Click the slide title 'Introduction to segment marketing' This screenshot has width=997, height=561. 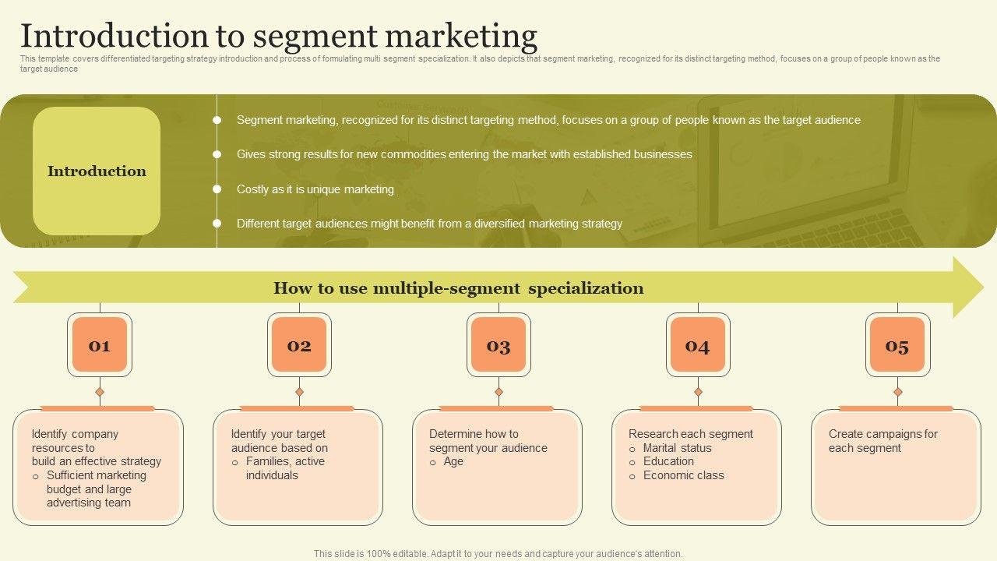coord(278,36)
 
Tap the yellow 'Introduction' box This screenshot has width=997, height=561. coord(97,171)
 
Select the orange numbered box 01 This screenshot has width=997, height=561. coord(100,345)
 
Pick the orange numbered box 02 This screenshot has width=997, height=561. coord(299,345)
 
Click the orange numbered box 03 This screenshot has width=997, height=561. coord(498,345)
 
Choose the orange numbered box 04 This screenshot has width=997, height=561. coord(698,345)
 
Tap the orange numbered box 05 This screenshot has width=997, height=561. coord(897,345)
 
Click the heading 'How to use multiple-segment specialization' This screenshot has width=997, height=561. coord(458,288)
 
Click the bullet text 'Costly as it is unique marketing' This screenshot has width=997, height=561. coord(315,189)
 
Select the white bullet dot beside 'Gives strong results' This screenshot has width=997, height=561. coord(217,154)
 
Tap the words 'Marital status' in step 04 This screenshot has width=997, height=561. coord(677,448)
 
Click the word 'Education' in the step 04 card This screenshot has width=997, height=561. coord(668,461)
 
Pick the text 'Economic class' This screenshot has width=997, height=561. coord(683,475)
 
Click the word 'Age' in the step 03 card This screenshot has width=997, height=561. coord(453,461)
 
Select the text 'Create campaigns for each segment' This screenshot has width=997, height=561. coord(883,441)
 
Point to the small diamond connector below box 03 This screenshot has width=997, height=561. coord(498,392)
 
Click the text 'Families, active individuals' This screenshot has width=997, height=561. coord(285,468)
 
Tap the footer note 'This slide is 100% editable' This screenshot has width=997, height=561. coord(498,554)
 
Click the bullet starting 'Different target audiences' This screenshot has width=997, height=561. coord(429,224)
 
